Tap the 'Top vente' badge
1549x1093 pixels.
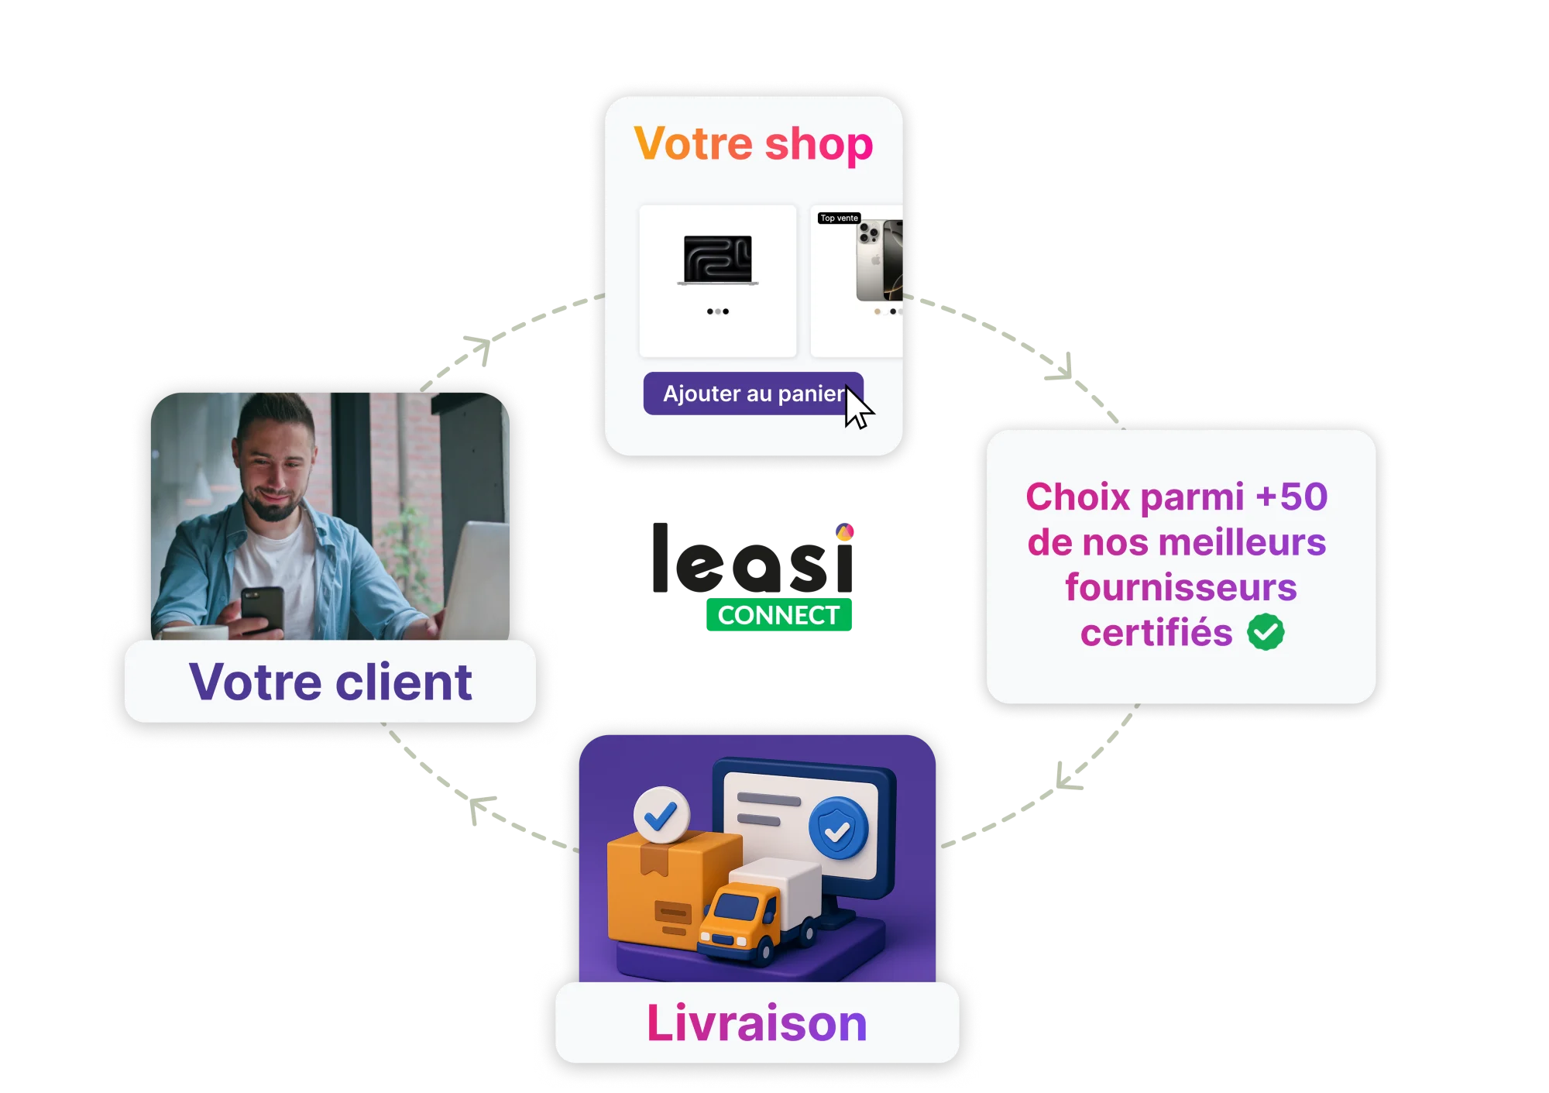click(839, 218)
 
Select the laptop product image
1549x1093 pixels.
click(717, 260)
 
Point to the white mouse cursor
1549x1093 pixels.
click(857, 409)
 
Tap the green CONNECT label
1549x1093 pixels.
click(779, 615)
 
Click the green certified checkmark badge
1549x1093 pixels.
click(1266, 632)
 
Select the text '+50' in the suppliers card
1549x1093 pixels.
click(1291, 497)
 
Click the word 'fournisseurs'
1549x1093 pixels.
click(1180, 587)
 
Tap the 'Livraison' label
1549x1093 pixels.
click(757, 1023)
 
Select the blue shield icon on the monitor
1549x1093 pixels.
click(838, 828)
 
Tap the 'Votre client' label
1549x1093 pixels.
click(330, 682)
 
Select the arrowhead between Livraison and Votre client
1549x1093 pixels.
click(479, 809)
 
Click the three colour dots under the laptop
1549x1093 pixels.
click(717, 311)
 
